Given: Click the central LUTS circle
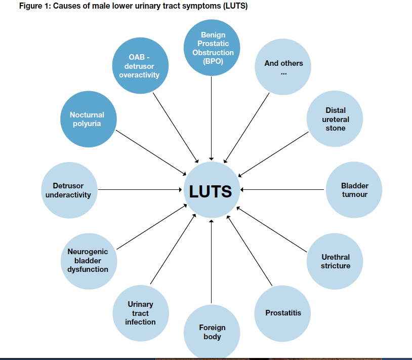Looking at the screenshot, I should point(211,190).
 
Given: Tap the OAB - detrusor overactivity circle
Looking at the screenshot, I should point(139,65).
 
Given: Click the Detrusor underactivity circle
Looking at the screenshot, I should point(68,190).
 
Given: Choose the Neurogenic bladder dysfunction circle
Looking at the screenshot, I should point(88,261).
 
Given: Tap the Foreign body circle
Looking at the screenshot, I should point(212,332).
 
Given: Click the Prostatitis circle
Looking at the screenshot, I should point(283,312).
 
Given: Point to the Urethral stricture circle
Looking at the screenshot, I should point(335,261).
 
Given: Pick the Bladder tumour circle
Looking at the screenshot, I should point(354,190).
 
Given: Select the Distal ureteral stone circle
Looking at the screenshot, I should point(335,119).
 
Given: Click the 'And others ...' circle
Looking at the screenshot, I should point(283,67).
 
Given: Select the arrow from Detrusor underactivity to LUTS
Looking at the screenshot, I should point(139,190).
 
